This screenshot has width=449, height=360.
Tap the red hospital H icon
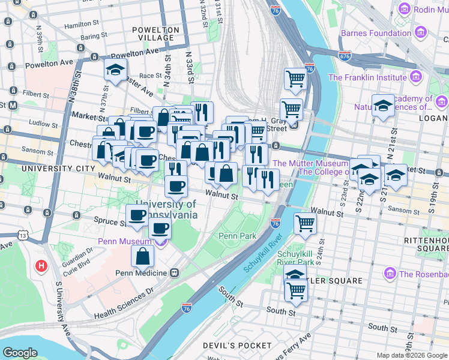pyautogui.click(x=41, y=265)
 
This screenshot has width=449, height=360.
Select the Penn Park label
pyautogui.click(x=238, y=236)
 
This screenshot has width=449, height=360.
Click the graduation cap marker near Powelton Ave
pyautogui.click(x=115, y=72)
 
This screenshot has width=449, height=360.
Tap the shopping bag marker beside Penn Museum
pyautogui.click(x=143, y=257)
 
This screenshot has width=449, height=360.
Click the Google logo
pyautogui.click(x=20, y=352)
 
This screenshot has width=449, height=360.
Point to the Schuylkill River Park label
pyautogui.click(x=295, y=258)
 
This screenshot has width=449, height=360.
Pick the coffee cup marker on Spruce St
pyautogui.click(x=137, y=216)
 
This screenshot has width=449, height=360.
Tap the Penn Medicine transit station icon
pyautogui.click(x=174, y=273)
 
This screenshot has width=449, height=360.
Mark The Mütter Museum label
pyautogui.click(x=310, y=163)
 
